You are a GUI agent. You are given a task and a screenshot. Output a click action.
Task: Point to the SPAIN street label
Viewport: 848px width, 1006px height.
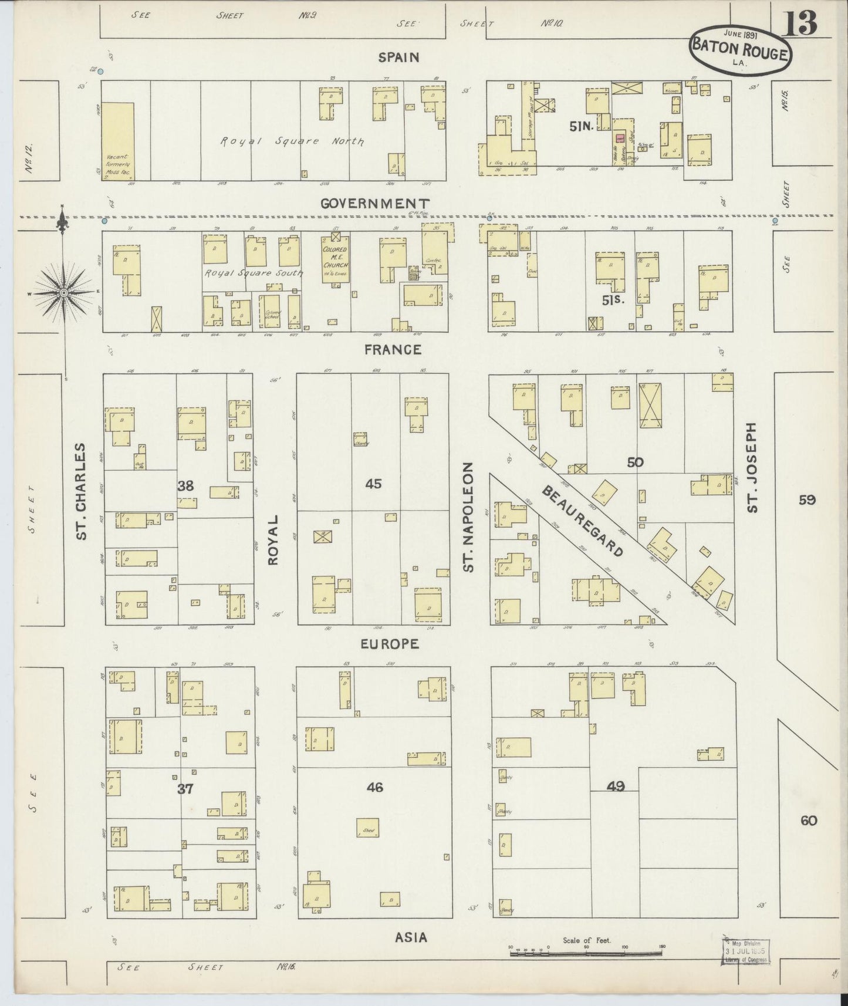(399, 58)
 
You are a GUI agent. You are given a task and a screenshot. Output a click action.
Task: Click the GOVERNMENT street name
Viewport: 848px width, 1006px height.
(376, 204)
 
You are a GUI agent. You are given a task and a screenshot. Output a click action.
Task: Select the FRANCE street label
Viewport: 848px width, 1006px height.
(393, 350)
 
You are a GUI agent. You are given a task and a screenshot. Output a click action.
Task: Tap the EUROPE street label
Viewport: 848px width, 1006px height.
(390, 644)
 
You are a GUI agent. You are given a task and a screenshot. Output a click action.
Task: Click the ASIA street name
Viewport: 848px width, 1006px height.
(411, 938)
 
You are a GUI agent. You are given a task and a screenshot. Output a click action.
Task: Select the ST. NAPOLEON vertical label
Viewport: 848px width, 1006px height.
(468, 516)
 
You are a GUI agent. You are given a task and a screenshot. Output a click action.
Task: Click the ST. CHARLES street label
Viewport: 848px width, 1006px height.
(82, 491)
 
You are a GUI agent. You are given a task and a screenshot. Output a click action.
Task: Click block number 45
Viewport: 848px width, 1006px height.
(373, 484)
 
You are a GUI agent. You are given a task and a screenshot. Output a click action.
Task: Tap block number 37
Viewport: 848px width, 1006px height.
(185, 789)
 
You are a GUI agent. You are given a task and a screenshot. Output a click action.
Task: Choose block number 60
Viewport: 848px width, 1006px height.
(808, 821)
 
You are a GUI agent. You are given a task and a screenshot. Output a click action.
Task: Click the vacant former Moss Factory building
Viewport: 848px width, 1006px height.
(119, 141)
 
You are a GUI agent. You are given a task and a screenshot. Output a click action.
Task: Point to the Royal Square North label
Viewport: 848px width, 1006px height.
(292, 141)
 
